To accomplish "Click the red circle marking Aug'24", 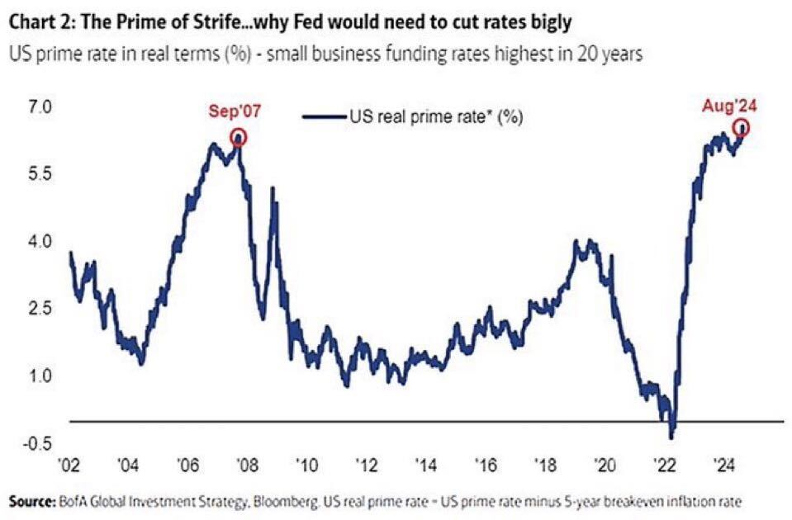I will click(742, 127).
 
